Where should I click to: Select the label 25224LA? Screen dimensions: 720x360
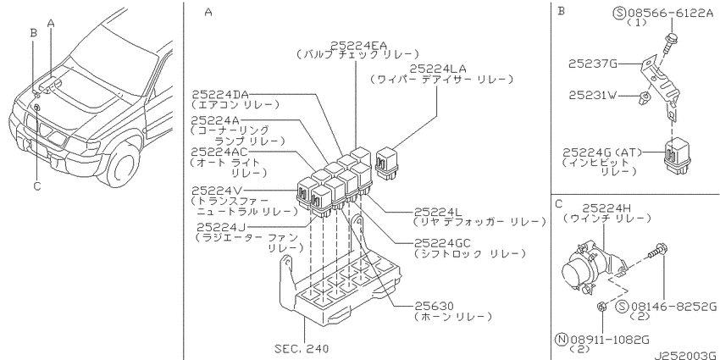[438, 69]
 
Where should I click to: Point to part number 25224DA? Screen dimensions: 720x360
[220, 95]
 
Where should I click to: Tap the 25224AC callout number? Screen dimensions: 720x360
[220, 152]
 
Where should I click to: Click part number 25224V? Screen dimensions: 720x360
[216, 190]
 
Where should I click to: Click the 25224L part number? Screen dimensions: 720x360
[439, 212]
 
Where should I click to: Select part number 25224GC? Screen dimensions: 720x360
[443, 243]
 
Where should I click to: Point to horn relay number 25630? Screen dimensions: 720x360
[434, 306]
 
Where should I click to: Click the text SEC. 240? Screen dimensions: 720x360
[302, 349]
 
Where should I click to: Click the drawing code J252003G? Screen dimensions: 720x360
[686, 355]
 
